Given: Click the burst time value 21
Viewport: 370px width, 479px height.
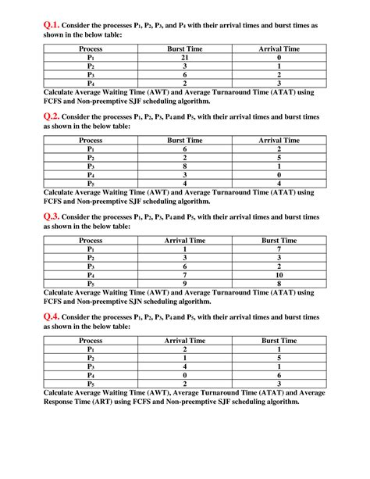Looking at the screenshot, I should [x=184, y=57].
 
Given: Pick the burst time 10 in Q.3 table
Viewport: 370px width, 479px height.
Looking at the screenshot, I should [x=279, y=274].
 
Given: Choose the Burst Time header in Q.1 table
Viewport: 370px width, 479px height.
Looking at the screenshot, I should [x=184, y=48].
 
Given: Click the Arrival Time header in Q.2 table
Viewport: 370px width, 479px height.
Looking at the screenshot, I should [x=279, y=140].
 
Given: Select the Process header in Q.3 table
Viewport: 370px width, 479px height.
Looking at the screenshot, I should [x=91, y=241].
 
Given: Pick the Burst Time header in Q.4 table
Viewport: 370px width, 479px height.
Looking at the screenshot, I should [x=279, y=341].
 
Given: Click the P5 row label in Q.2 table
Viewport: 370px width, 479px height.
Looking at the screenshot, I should [x=91, y=182].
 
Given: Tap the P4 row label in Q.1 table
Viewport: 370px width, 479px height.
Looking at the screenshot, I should [x=91, y=82].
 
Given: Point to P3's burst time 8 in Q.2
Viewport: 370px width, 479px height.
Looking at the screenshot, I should [x=184, y=166].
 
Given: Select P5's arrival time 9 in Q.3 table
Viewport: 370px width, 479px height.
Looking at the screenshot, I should [x=184, y=283].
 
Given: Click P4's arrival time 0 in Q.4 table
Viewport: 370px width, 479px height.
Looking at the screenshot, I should [x=184, y=374].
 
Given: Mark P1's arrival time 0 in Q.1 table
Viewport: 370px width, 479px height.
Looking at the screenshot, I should [x=279, y=57].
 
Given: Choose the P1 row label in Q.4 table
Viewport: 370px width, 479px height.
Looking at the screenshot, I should [x=91, y=349].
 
